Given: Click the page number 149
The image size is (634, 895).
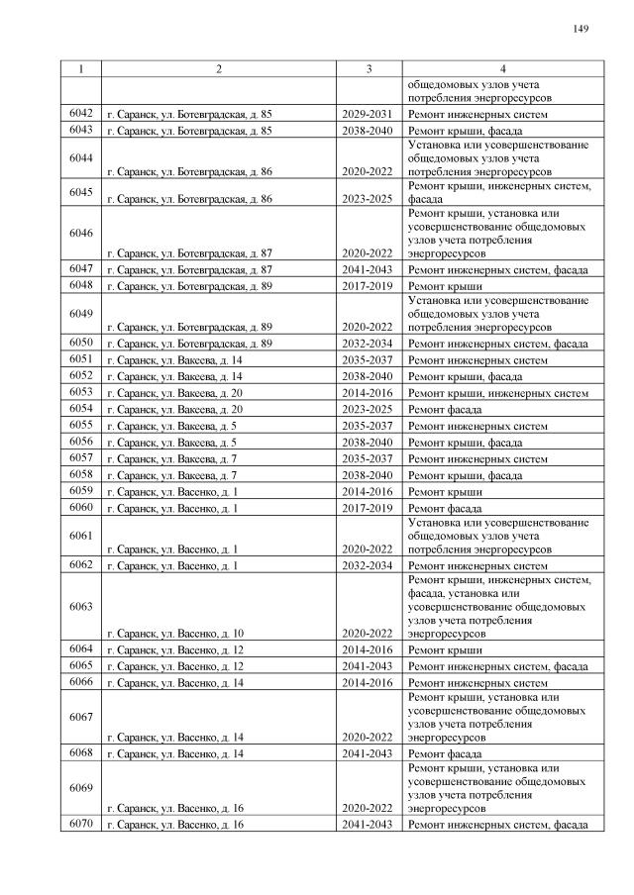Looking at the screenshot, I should point(581,28).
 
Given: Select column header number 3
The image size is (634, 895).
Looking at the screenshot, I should point(369,68).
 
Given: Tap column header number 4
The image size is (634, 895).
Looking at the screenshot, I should point(502,68).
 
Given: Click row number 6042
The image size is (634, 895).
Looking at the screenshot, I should point(81,114).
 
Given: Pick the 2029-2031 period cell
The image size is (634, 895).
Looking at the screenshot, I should point(369,115).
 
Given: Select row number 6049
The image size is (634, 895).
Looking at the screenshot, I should point(81,314).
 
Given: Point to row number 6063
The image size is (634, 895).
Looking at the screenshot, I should point(81,607).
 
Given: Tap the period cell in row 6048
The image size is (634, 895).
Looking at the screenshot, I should point(369,286).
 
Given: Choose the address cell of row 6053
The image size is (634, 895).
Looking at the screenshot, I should point(174,393).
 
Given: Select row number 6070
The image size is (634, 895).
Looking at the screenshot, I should point(81,823).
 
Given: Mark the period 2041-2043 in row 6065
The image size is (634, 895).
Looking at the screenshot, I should point(369,666).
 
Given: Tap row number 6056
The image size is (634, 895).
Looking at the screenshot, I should point(81,442).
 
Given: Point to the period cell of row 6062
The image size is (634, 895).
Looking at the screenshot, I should point(369,566).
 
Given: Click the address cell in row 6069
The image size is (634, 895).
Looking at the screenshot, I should point(175,808).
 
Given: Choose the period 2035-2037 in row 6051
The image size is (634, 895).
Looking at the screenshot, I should point(369,360).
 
